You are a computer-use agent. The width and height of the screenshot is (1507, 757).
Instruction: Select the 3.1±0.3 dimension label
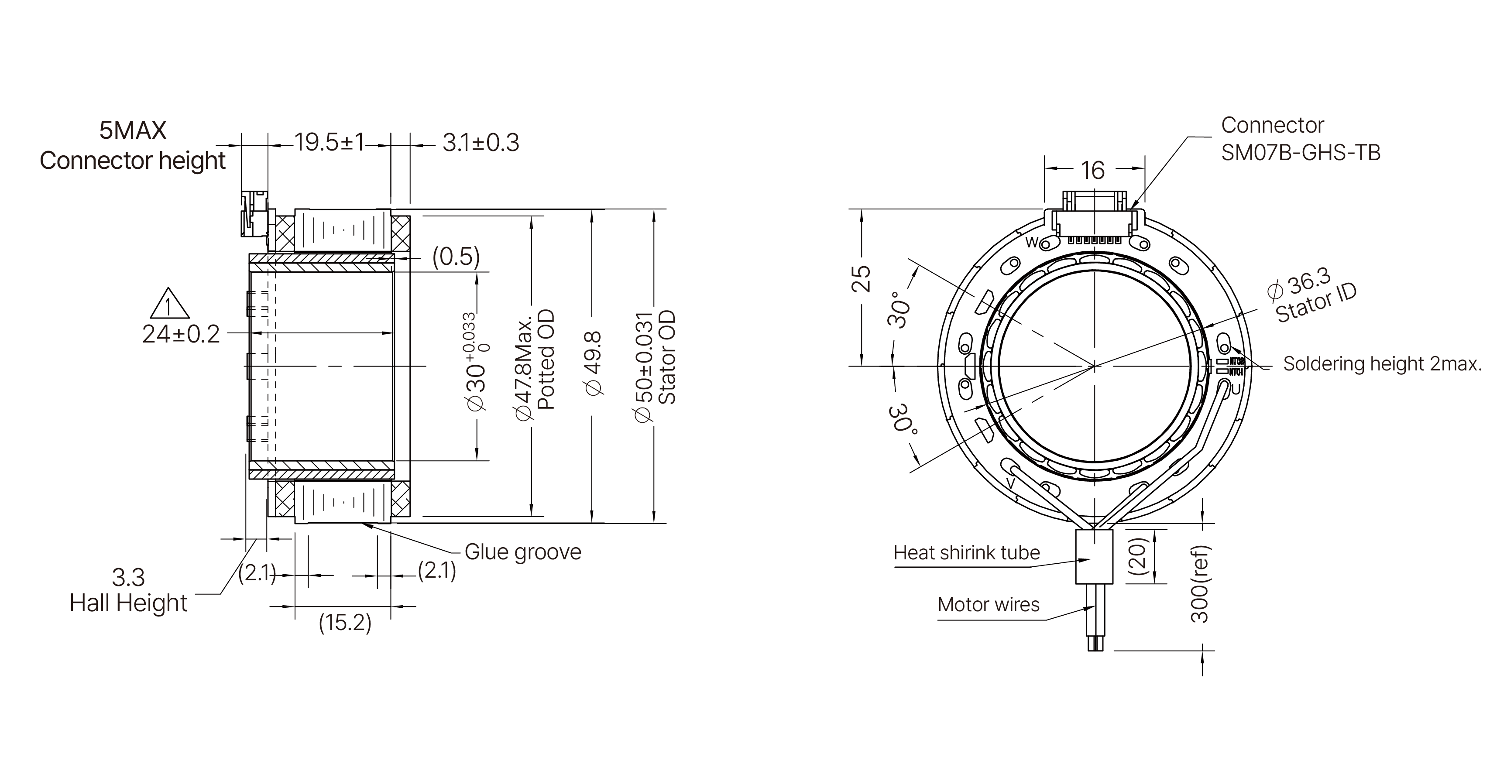[x=481, y=143]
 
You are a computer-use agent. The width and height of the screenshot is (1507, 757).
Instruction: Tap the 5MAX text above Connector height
[x=133, y=130]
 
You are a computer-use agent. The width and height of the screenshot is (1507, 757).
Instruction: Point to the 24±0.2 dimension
[x=181, y=334]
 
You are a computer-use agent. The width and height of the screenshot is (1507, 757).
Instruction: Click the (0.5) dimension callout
[x=456, y=256]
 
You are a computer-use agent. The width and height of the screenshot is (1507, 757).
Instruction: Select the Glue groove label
[x=522, y=551]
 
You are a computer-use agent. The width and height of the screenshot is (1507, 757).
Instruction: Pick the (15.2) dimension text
[x=345, y=622]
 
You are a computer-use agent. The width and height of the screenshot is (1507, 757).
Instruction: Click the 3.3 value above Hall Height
[x=128, y=577]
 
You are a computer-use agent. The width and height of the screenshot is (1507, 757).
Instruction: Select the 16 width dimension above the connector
[x=1092, y=170]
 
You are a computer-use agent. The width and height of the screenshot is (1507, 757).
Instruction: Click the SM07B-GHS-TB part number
[x=1301, y=153]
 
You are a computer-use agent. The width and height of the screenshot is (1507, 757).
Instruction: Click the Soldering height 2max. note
[x=1382, y=364]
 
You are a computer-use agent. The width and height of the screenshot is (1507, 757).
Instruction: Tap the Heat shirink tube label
[x=966, y=552]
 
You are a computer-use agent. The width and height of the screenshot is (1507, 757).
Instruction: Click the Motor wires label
[x=988, y=604]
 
